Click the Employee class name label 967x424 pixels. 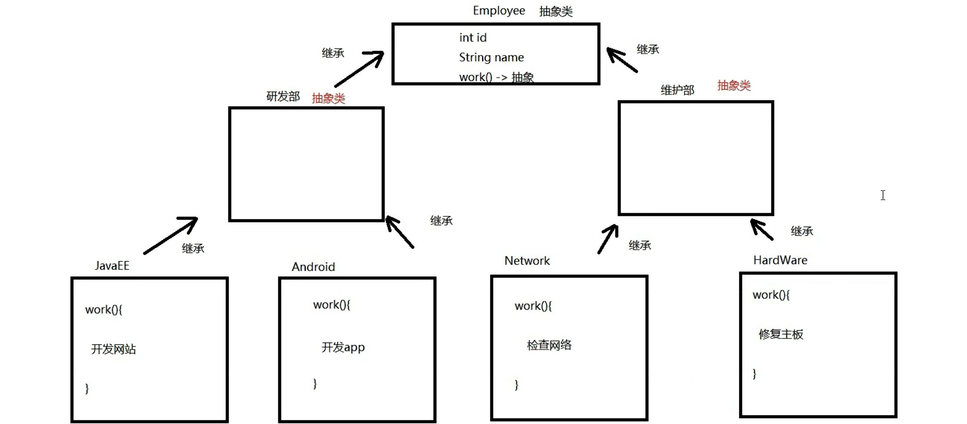499,11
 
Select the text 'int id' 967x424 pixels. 472,37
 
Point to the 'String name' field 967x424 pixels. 491,57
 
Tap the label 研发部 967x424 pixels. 283,96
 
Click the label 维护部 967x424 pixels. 677,90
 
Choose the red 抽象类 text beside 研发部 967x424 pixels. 328,98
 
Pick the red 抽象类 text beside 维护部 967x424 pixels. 734,86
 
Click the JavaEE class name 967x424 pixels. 112,265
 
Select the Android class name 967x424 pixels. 313,267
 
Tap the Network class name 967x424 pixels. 527,261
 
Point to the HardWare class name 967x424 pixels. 780,260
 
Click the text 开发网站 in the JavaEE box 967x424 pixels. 113,349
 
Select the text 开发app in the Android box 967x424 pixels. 343,347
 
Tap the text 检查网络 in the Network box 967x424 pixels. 549,345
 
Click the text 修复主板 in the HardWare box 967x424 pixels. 781,334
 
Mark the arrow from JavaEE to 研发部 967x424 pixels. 171,235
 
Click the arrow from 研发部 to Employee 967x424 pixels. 359,69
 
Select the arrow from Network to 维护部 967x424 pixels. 608,239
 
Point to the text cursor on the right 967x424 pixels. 883,195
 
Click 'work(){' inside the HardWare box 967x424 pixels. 771,295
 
